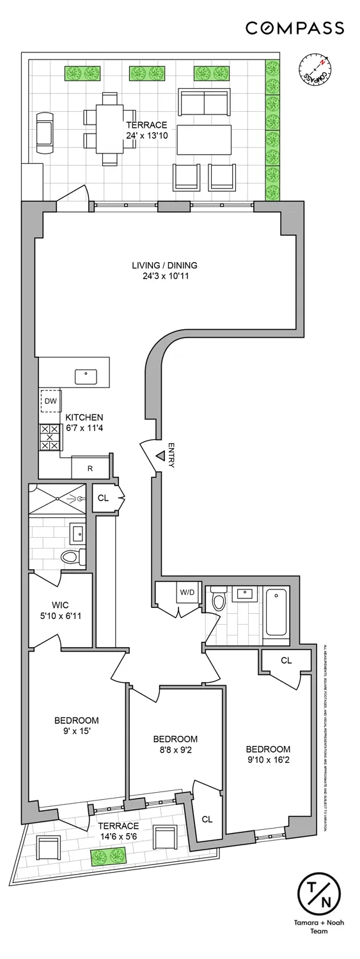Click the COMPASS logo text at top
pos(295,28)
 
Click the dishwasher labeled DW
pos(51,402)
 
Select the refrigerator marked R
pos(90,468)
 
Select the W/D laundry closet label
pos(187,593)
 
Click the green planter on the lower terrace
pos(108,856)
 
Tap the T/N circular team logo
pos(319,895)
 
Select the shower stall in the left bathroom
pos(58,499)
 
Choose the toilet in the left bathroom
pos(72,556)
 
